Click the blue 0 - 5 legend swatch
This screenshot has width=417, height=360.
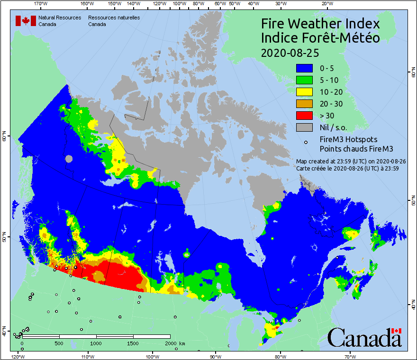tap(305, 68)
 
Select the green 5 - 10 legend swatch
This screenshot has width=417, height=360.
tap(305, 80)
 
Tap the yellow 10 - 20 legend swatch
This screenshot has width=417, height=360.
tap(305, 92)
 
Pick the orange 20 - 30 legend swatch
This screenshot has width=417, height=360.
tap(305, 104)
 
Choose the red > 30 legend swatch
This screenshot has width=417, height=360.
tap(305, 116)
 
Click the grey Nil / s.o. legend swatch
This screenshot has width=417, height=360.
tap(305, 127)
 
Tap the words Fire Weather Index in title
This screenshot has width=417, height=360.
tap(320, 24)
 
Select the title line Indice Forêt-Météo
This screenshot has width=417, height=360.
tap(320, 38)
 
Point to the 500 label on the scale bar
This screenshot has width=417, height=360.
tap(59, 342)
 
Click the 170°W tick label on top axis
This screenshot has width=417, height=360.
tap(41, 4)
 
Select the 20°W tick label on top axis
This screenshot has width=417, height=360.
tap(326, 4)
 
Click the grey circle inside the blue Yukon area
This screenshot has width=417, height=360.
tap(69, 159)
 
